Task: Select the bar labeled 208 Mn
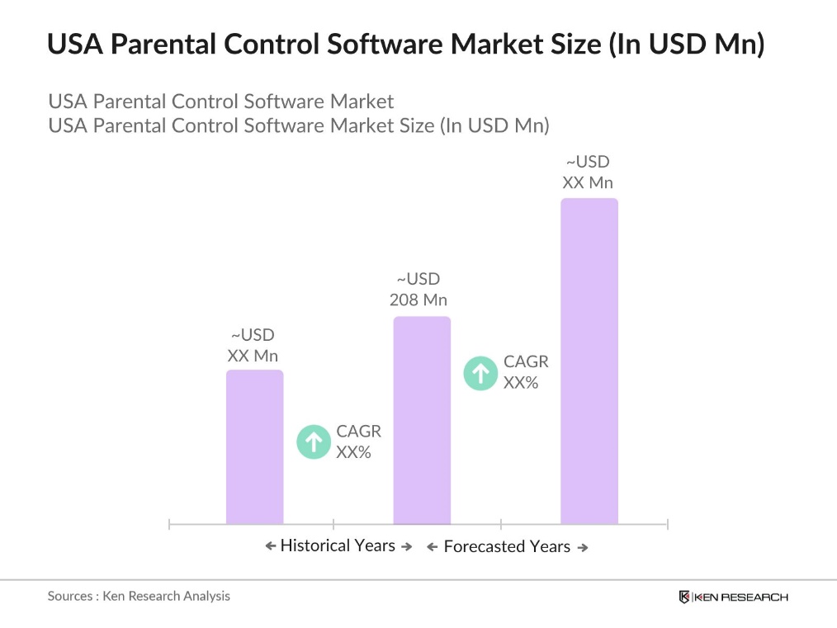point(422,420)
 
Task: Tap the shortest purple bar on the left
point(254,446)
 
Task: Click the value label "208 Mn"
point(418,300)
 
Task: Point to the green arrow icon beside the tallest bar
point(480,372)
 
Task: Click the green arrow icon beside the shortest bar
point(313,441)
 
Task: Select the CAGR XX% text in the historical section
point(358,441)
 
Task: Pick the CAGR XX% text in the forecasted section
point(526,372)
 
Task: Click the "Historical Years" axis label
point(338,545)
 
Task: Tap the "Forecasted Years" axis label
point(507,546)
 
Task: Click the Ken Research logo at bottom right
point(733,597)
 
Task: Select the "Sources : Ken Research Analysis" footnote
point(139,596)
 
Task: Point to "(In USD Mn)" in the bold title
point(686,45)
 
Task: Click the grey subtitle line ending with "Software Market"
point(221,102)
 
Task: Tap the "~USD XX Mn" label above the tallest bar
point(588,172)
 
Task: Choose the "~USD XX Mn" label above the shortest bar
point(253,346)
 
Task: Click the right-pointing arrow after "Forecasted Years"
point(583,547)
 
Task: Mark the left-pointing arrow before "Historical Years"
point(270,546)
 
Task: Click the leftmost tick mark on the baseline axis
point(169,524)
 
